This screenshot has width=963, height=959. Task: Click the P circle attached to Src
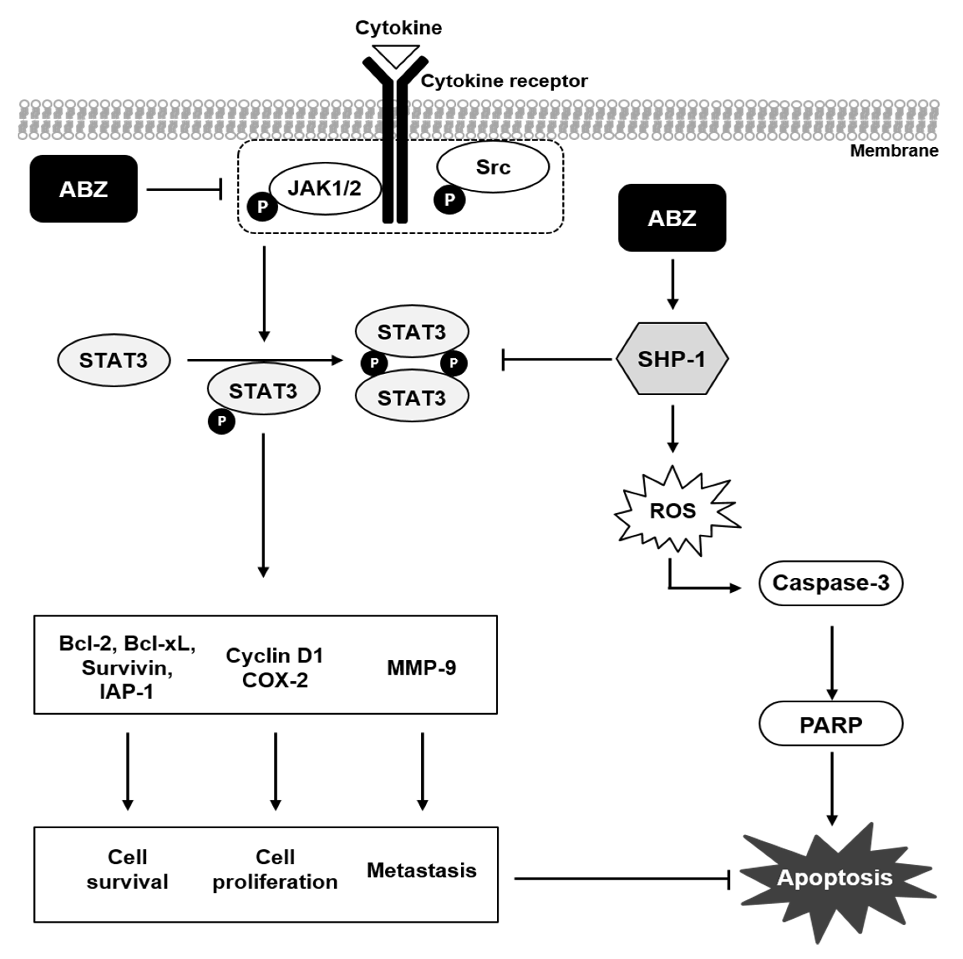coord(449,200)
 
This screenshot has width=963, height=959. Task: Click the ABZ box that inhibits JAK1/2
coord(83,189)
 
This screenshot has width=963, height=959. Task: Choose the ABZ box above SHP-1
coord(672,218)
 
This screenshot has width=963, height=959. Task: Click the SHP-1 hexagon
coord(672,359)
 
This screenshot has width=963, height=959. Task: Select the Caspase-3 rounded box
coord(830,583)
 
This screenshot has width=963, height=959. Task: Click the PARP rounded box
coord(830,725)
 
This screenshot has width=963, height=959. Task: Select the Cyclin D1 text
coord(275,655)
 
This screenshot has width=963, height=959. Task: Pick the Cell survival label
coord(128,869)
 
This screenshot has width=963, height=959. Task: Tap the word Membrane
coord(894,150)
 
